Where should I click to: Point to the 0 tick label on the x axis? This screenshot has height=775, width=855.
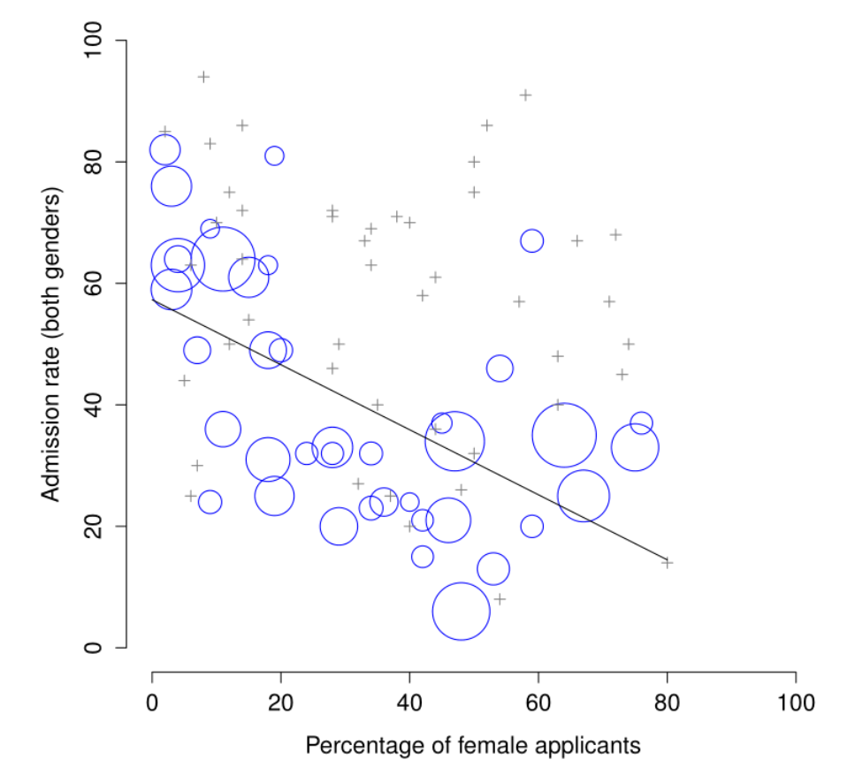pyautogui.click(x=152, y=703)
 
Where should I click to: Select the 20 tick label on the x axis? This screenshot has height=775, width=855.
pyautogui.click(x=281, y=703)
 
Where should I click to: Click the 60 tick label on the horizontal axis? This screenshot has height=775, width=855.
pyautogui.click(x=538, y=703)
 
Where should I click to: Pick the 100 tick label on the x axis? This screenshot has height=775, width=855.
pyautogui.click(x=795, y=703)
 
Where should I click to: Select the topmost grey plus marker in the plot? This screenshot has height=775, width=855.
pyautogui.click(x=203, y=77)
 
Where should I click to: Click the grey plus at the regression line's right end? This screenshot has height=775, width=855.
pyautogui.click(x=667, y=562)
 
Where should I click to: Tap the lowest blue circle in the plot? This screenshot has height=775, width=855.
pyautogui.click(x=461, y=611)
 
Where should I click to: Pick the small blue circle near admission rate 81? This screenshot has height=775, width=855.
pyautogui.click(x=274, y=156)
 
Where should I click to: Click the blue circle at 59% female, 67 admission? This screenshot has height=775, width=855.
pyautogui.click(x=531, y=241)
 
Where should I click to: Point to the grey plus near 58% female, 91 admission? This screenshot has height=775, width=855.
pyautogui.click(x=525, y=95)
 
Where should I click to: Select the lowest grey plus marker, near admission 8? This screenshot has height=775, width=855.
pyautogui.click(x=500, y=599)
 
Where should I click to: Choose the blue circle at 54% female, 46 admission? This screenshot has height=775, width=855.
pyautogui.click(x=500, y=369)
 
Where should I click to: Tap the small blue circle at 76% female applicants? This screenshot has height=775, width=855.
pyautogui.click(x=641, y=423)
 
